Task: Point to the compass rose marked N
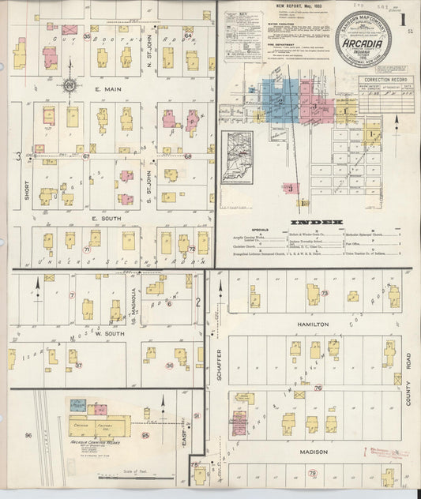(70, 85)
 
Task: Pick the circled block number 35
(87, 36)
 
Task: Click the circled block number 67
(87, 156)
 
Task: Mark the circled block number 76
(318, 388)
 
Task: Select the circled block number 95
(145, 435)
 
